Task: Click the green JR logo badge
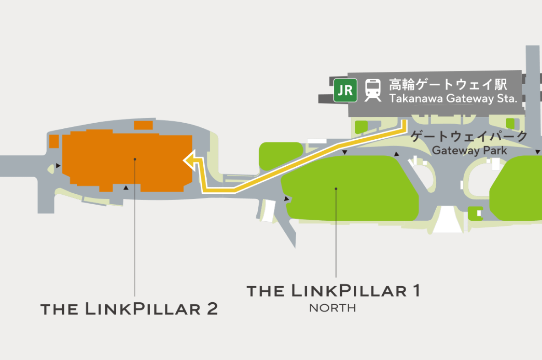pyautogui.click(x=346, y=90)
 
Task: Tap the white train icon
pyautogui.click(x=373, y=90)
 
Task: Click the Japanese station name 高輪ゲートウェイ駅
pyautogui.click(x=448, y=85)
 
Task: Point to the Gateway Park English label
pyautogui.click(x=469, y=150)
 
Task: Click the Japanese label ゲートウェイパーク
pyautogui.click(x=469, y=136)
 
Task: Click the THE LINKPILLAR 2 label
pyautogui.click(x=129, y=308)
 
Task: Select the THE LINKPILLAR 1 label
pyautogui.click(x=333, y=290)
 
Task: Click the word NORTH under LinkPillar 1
pyautogui.click(x=333, y=308)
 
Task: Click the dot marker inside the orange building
pyautogui.click(x=135, y=159)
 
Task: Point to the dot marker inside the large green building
pyautogui.click(x=336, y=188)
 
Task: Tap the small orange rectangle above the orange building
pyautogui.click(x=143, y=125)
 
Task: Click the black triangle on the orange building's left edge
pyautogui.click(x=58, y=165)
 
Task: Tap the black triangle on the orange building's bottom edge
pyautogui.click(x=126, y=187)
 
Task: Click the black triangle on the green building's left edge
pyautogui.click(x=287, y=199)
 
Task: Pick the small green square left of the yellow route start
pyautogui.click(x=362, y=126)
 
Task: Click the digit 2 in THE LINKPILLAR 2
pyautogui.click(x=211, y=308)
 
